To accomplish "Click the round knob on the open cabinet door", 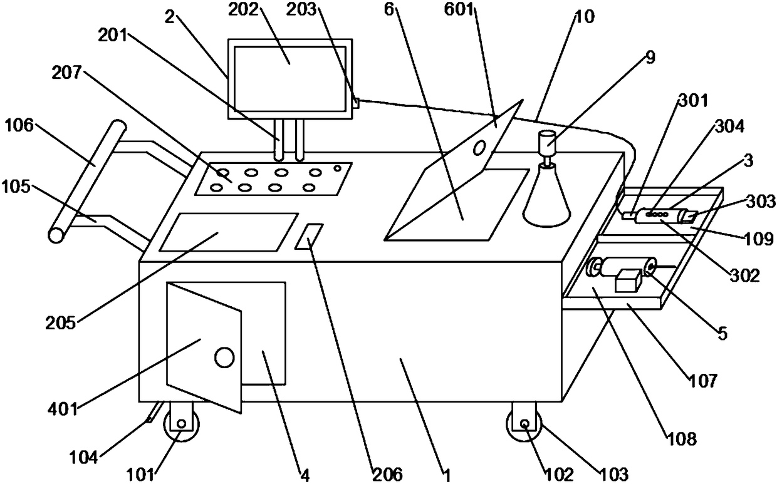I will click(224, 358).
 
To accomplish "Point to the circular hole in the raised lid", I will click(479, 148).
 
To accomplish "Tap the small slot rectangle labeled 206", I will click(310, 235).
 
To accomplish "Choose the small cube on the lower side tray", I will click(628, 280).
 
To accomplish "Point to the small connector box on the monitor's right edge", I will click(355, 102).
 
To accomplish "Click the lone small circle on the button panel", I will click(338, 167).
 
